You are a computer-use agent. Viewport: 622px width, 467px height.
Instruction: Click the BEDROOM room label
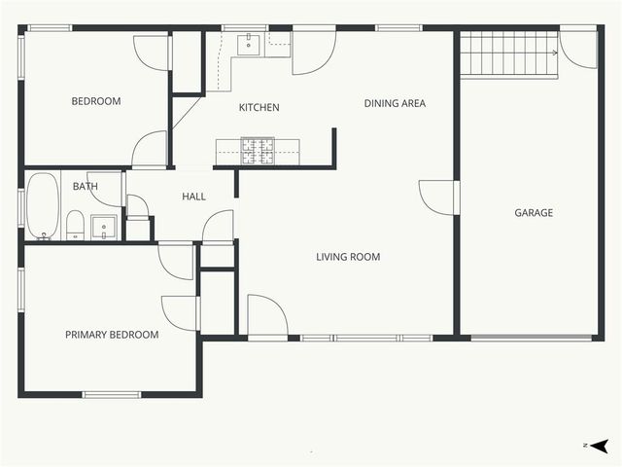tap(96, 101)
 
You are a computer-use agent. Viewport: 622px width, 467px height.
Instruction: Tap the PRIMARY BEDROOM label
tap(112, 335)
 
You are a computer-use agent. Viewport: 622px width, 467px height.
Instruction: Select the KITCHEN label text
tap(259, 107)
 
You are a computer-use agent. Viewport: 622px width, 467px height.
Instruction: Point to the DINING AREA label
tap(395, 103)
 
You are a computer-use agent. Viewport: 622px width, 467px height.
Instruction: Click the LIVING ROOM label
tap(348, 257)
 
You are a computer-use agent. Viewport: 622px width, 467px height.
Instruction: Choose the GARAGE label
tap(534, 212)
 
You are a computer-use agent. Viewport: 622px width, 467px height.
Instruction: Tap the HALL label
tap(194, 197)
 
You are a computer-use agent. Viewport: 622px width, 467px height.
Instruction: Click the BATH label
tap(86, 186)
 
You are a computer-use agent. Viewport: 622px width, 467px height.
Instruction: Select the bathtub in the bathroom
tap(43, 206)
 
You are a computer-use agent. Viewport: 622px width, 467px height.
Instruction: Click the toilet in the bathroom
tap(75, 225)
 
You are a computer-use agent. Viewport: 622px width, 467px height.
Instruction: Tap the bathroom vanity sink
tap(104, 228)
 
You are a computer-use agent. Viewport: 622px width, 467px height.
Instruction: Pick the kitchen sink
tap(249, 44)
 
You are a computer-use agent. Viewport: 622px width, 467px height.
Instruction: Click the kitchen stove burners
tap(258, 150)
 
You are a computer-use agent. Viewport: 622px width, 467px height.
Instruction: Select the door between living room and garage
tap(439, 198)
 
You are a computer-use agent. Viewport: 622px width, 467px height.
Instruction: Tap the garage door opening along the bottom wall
tap(532, 338)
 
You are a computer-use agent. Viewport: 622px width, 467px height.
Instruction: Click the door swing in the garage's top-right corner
tap(579, 51)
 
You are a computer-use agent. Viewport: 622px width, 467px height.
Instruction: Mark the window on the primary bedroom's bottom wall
tap(112, 394)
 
